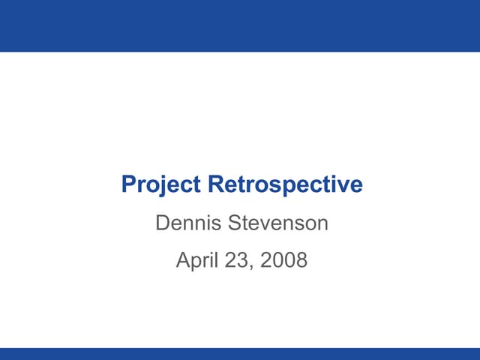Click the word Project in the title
[x=162, y=184]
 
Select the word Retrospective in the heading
[x=285, y=184]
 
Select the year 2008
[x=283, y=261]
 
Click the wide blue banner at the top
[x=240, y=25]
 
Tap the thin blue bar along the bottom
[x=240, y=354]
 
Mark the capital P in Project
[x=128, y=184]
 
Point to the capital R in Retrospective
[x=215, y=184]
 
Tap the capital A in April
[x=182, y=261]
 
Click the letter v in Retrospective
[x=347, y=186]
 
